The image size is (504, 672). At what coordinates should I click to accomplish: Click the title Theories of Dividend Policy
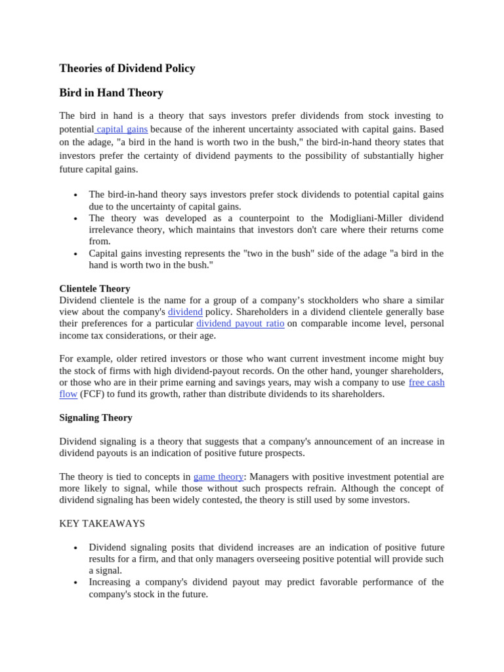[x=127, y=68]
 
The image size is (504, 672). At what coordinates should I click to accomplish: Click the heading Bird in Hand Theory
[x=111, y=93]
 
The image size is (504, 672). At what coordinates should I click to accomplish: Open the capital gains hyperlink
[x=122, y=129]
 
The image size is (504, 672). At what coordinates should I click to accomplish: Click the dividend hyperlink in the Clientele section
[x=185, y=312]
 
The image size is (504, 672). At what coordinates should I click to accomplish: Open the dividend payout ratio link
[x=240, y=324]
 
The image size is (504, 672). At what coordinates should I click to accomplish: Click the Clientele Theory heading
[x=94, y=288]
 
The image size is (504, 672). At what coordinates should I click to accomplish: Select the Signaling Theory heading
[x=96, y=417]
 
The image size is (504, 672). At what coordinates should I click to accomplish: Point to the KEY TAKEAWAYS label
[x=102, y=523]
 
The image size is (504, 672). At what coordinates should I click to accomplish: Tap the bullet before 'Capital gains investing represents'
[x=76, y=254]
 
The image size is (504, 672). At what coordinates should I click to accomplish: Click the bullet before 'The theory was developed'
[x=76, y=219]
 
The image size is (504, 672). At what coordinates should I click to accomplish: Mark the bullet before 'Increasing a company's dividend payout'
[x=76, y=583]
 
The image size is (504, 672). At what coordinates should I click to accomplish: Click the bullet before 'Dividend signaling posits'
[x=76, y=548]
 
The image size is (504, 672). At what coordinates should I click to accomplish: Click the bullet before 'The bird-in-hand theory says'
[x=76, y=195]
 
